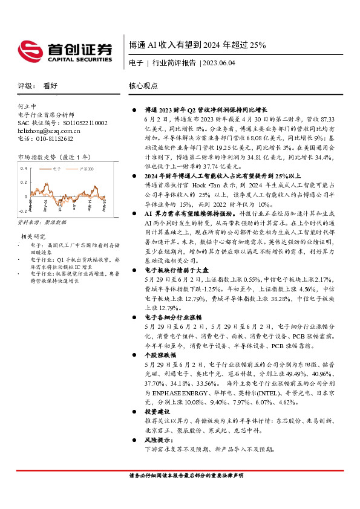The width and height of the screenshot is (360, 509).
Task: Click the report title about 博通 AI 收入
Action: [197, 45]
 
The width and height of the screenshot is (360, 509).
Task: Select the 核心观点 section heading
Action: [143, 86]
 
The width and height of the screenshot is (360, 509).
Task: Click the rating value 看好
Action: [50, 86]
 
